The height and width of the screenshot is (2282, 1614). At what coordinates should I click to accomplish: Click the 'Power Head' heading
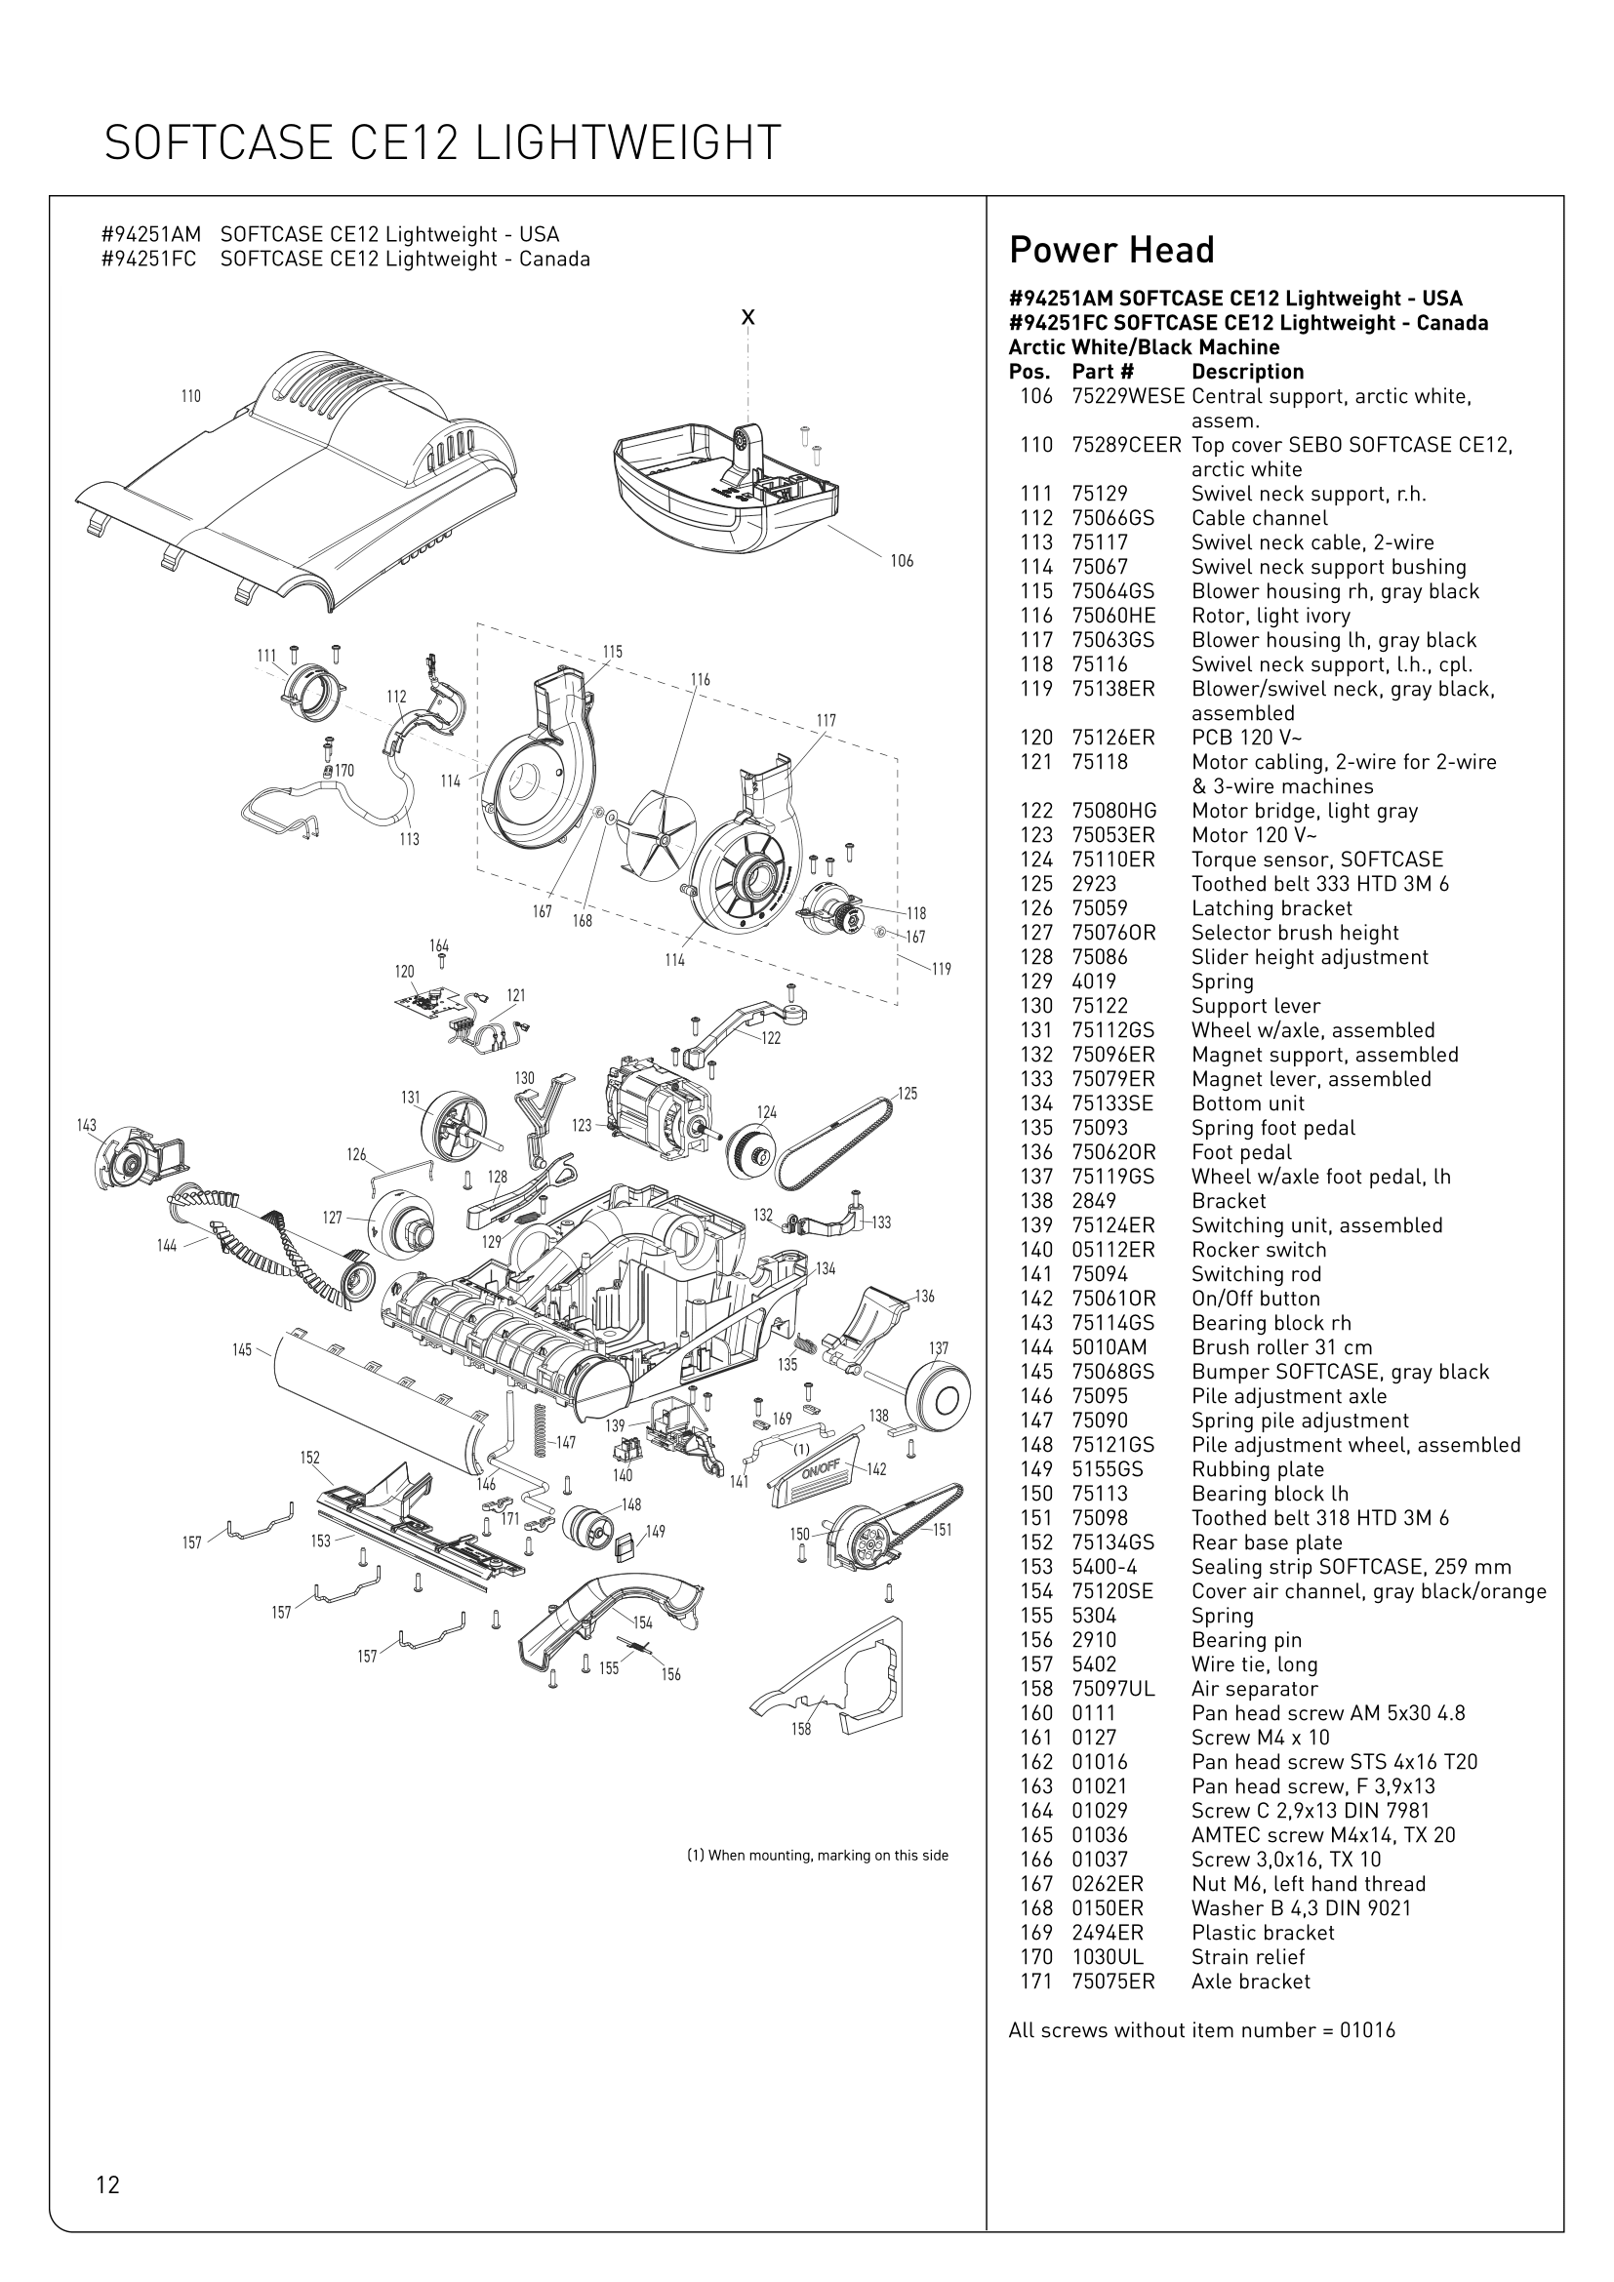point(1111,251)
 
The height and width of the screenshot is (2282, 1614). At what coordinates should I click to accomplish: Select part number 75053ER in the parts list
point(1113,835)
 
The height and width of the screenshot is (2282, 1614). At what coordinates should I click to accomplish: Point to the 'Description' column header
point(1247,372)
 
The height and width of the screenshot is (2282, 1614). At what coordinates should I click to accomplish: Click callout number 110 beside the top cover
point(191,396)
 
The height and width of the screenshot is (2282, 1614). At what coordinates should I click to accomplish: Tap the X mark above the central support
point(748,318)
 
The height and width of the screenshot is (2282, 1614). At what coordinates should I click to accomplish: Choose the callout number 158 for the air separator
point(801,1730)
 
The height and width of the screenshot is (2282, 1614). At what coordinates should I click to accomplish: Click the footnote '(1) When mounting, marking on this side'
point(817,1856)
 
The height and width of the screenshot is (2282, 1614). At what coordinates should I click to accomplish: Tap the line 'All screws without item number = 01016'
point(1201,2030)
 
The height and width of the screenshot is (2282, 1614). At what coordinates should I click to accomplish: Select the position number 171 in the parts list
point(1036,1982)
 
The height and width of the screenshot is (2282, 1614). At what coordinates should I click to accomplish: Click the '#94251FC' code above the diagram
point(149,260)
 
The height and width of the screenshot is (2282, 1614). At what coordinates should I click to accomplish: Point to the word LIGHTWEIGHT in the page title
point(626,143)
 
